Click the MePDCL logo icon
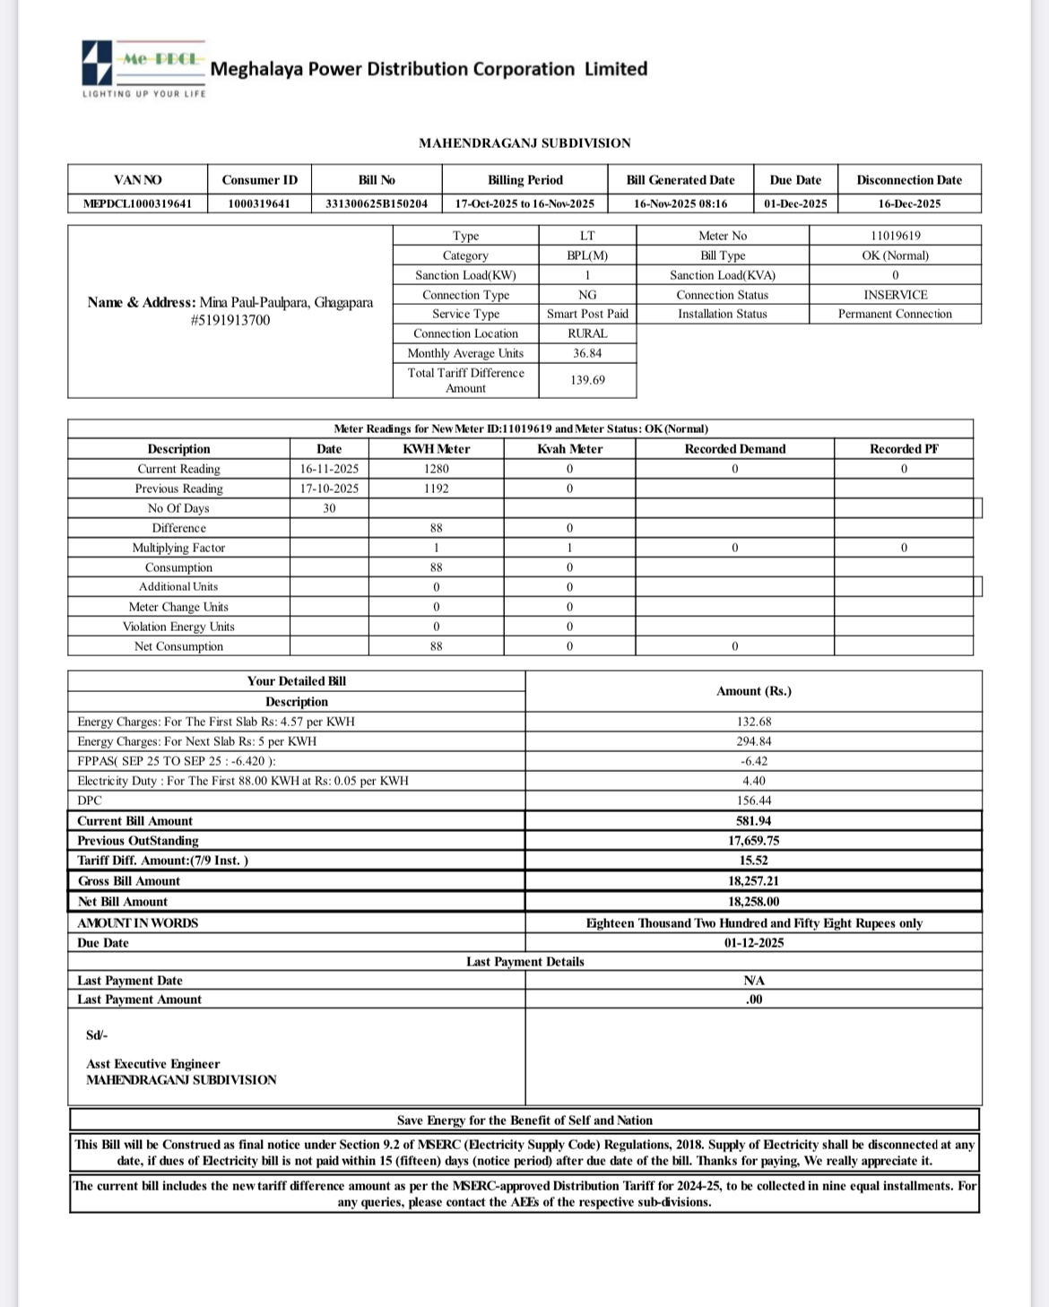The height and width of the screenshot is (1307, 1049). click(97, 62)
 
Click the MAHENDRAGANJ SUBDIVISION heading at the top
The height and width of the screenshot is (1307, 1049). click(524, 143)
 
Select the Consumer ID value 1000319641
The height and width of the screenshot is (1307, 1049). click(259, 203)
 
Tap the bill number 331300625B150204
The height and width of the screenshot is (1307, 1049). click(377, 203)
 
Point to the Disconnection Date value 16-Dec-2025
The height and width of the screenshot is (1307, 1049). click(909, 203)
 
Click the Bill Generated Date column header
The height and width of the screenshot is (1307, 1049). click(680, 180)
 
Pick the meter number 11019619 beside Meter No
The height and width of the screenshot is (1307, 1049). click(895, 236)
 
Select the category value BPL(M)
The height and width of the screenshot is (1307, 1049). click(587, 255)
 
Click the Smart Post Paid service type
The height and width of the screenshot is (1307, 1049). click(587, 314)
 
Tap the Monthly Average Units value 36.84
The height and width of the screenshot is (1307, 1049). click(587, 353)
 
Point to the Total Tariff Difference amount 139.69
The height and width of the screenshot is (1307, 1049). click(587, 380)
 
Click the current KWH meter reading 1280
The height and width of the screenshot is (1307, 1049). click(436, 469)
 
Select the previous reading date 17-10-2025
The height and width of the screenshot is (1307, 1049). click(329, 489)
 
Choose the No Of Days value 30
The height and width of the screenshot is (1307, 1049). click(329, 508)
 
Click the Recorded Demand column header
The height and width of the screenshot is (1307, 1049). click(734, 449)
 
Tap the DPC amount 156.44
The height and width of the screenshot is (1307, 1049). click(753, 801)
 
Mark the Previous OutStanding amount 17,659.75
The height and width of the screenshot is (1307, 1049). click(753, 841)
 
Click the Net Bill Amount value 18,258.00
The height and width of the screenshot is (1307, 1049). click(753, 902)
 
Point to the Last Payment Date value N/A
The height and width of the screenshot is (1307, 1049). click(753, 981)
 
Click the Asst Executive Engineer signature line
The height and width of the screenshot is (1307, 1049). click(152, 1064)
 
